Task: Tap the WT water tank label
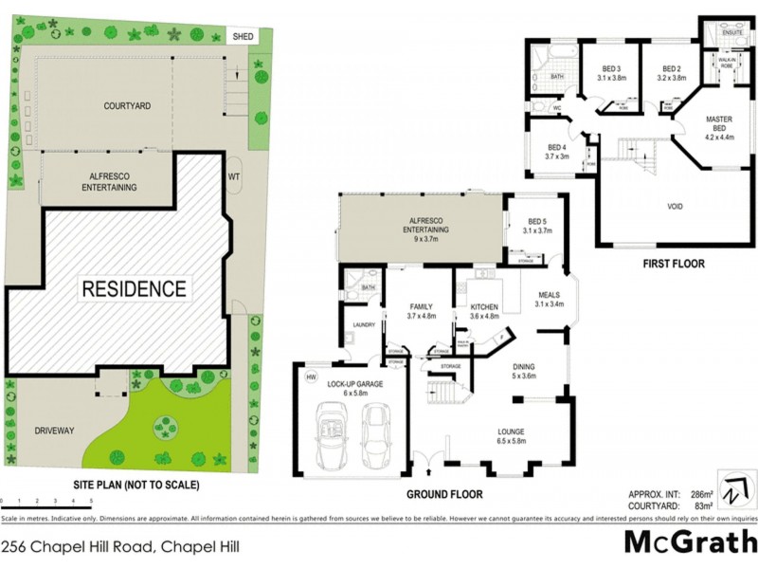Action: click(x=234, y=176)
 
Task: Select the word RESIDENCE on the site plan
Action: click(x=134, y=288)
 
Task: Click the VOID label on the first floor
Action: click(x=676, y=206)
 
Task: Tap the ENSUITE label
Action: click(x=732, y=32)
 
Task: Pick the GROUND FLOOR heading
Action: click(x=444, y=494)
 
